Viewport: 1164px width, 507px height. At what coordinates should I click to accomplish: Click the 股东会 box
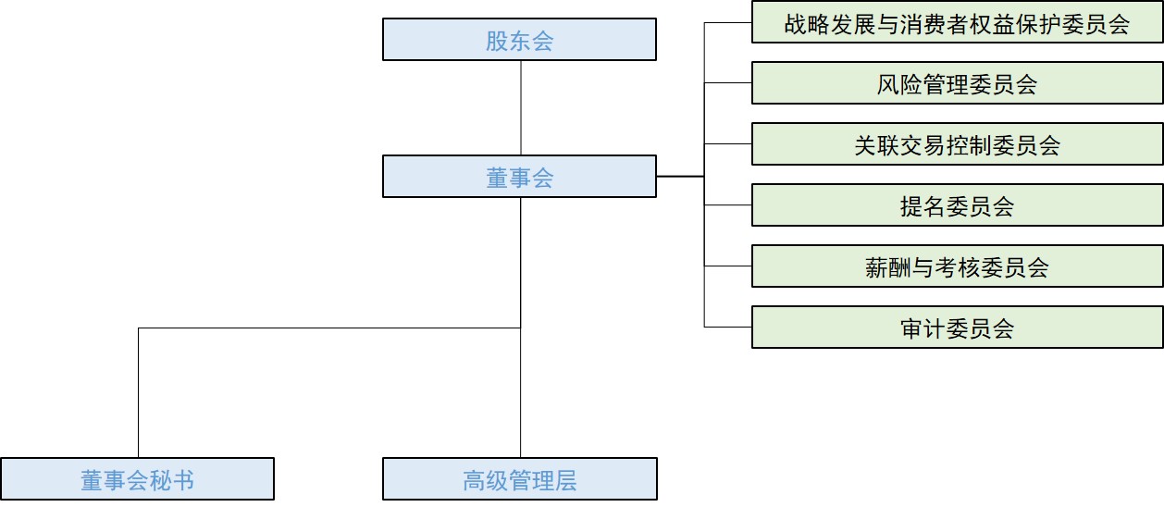[519, 40]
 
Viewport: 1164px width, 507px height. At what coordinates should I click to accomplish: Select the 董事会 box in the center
[519, 176]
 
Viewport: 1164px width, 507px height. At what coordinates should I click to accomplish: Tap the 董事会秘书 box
[137, 479]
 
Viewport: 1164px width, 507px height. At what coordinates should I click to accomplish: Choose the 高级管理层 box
[519, 479]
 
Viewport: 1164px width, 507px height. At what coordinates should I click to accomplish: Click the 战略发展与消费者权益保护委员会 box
[957, 23]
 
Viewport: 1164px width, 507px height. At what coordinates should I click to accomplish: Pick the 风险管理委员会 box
[957, 84]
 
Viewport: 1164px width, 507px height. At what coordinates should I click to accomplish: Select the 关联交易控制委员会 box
[957, 144]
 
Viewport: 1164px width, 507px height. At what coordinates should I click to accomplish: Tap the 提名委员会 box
[957, 205]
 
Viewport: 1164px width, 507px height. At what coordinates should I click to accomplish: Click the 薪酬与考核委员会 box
[957, 266]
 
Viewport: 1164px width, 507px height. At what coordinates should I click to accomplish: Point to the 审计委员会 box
[957, 328]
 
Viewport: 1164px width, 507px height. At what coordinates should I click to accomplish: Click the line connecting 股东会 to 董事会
[520, 107]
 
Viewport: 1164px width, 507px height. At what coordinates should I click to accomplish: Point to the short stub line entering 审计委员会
[728, 327]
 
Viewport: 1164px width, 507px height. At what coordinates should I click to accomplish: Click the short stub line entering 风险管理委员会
[728, 83]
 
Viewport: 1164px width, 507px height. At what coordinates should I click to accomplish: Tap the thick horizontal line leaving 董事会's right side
[680, 176]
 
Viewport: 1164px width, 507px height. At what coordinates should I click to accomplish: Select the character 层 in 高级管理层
[565, 480]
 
